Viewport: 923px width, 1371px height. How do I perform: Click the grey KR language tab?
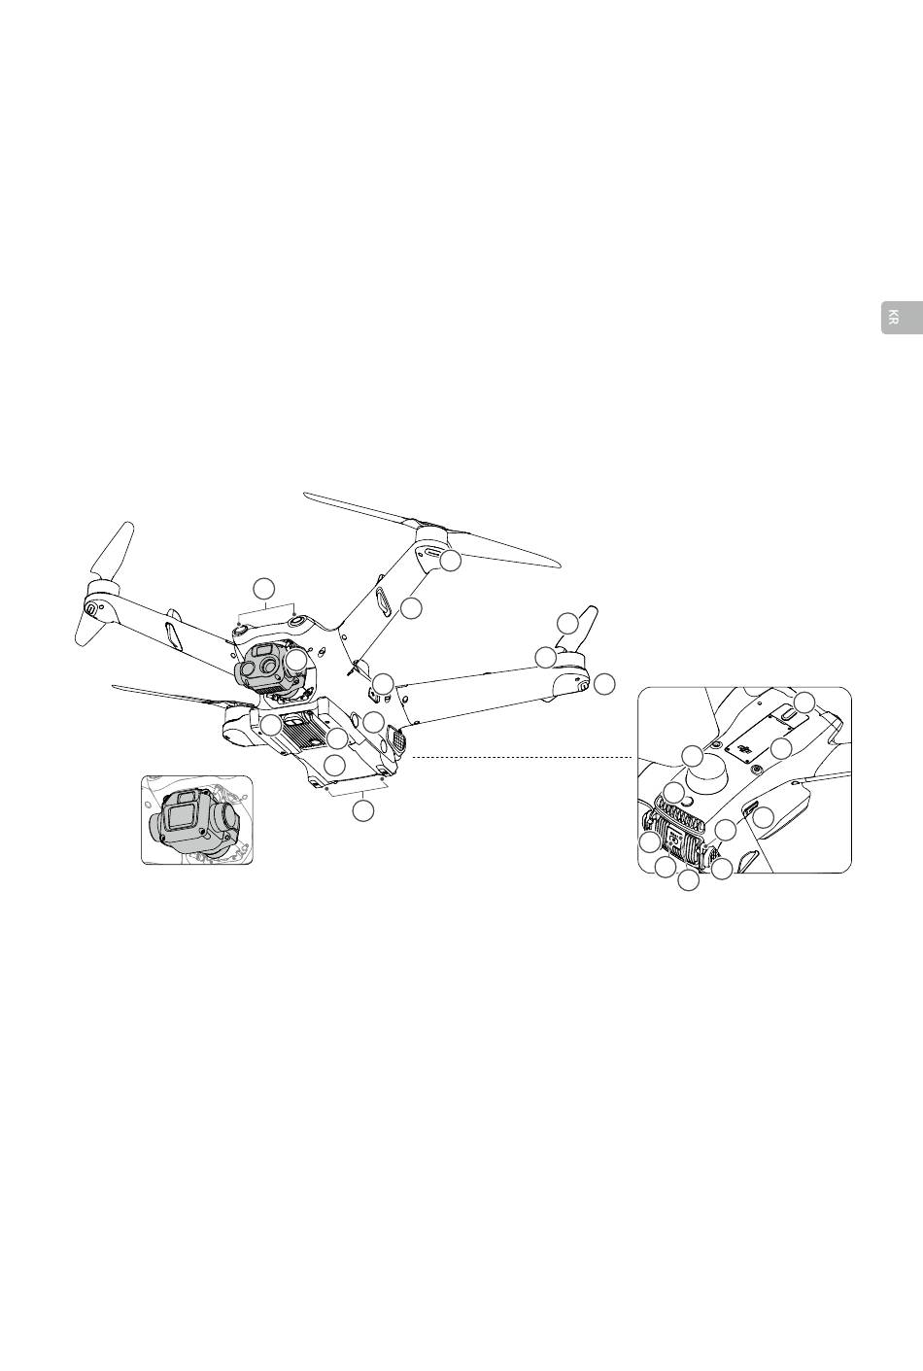(x=902, y=319)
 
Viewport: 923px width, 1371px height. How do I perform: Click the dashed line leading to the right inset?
(x=525, y=757)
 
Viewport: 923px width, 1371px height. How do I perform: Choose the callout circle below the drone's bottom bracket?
(x=362, y=809)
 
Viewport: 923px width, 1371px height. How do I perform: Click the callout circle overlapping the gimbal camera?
(x=297, y=660)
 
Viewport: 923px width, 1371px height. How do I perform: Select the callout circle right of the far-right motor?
(x=604, y=683)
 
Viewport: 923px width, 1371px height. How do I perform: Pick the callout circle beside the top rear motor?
(x=449, y=561)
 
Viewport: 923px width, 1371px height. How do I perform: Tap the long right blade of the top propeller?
(x=505, y=549)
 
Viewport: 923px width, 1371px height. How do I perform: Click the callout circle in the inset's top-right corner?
(x=803, y=703)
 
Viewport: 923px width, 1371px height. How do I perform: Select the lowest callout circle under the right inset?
(x=688, y=880)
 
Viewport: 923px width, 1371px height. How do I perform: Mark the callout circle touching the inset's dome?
(x=692, y=756)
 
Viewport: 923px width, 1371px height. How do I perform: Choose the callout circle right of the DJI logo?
(x=781, y=748)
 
